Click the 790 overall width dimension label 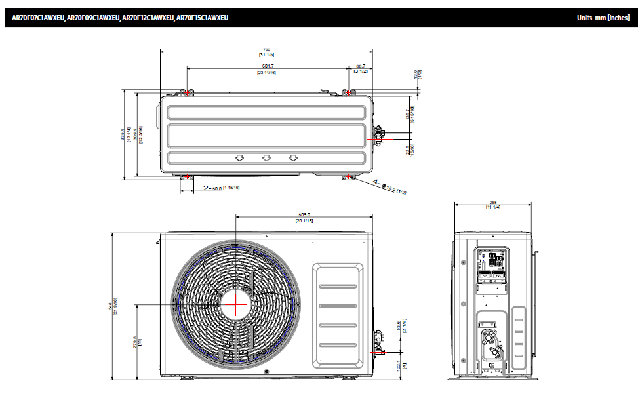[266, 49]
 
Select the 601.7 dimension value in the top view [268, 66]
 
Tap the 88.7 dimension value [361, 66]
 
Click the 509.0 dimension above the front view [304, 214]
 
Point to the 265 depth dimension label [493, 203]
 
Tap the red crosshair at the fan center [235, 305]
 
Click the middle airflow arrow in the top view [266, 158]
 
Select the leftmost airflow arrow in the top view [239, 158]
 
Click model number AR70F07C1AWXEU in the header [38, 18]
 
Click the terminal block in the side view [492, 260]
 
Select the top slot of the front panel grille [338, 286]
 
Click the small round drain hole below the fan [266, 373]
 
